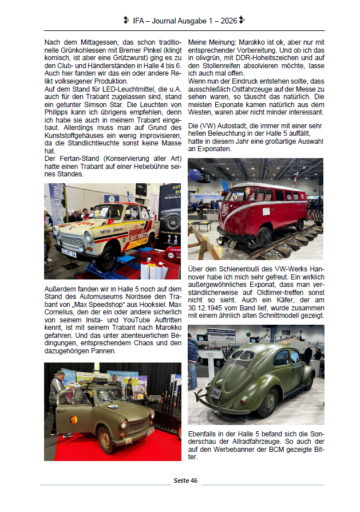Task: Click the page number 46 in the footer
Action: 194,480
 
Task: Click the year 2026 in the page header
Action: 229,21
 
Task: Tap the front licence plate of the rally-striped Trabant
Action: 69,250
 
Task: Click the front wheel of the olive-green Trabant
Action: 106,443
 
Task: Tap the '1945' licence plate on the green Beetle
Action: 216,393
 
